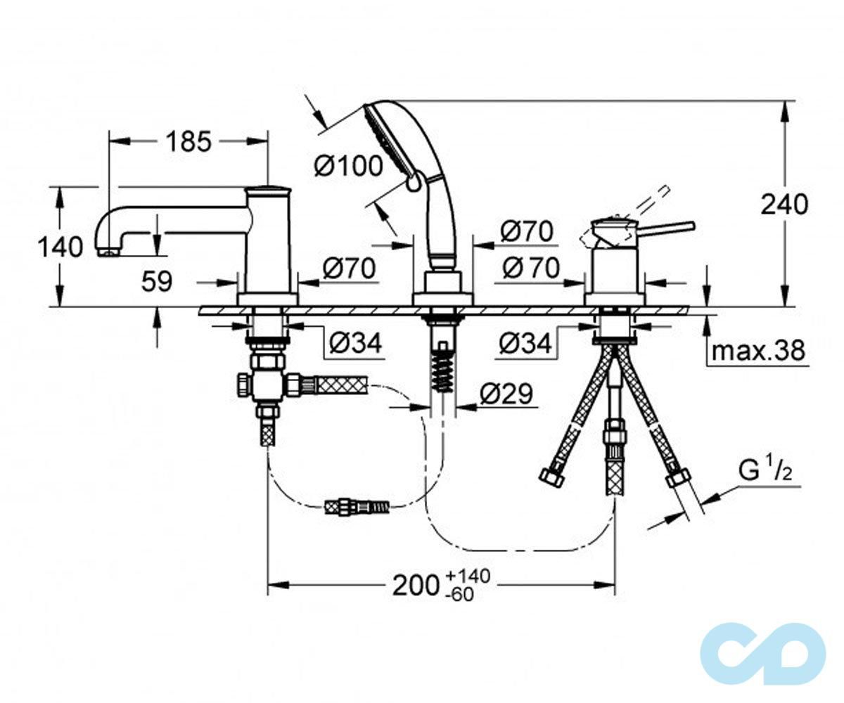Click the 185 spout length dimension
[188, 141]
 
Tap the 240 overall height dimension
[785, 205]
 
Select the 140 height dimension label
[60, 247]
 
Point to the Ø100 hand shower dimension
[348, 166]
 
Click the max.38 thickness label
[758, 350]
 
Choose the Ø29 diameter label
[506, 394]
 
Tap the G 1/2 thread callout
[765, 470]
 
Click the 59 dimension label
[157, 281]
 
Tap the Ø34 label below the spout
[355, 344]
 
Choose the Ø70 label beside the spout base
[350, 268]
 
